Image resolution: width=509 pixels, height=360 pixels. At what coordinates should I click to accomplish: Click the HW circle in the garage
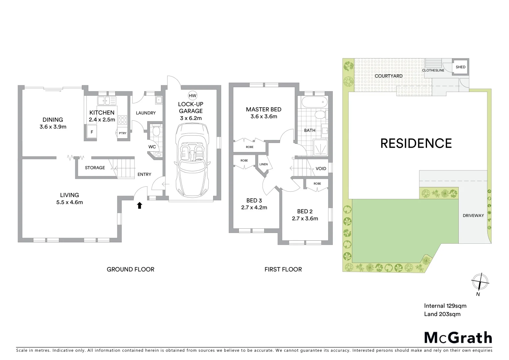(193, 96)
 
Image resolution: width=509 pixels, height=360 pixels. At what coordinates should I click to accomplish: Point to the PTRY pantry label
(123, 133)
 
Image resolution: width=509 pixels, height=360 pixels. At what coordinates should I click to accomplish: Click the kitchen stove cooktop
(123, 119)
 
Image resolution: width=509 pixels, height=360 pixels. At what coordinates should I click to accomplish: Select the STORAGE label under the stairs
(95, 168)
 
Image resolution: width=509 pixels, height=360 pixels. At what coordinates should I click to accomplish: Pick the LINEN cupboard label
(263, 164)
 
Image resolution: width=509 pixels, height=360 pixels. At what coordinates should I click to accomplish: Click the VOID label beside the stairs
(321, 169)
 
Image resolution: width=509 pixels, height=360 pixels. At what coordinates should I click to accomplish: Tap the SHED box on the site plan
(461, 67)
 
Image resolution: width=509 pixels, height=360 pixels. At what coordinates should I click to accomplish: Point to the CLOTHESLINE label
(433, 70)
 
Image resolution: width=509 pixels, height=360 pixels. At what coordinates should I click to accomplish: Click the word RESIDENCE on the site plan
(416, 143)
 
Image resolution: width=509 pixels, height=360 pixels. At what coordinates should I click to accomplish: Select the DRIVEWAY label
(473, 216)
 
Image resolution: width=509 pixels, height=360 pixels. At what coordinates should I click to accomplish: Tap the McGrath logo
(458, 338)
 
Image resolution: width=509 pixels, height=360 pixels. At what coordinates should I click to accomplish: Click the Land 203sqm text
(442, 314)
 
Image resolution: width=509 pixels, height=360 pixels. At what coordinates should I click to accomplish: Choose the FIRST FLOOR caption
(283, 269)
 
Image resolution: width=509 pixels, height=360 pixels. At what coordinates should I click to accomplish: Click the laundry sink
(159, 99)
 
